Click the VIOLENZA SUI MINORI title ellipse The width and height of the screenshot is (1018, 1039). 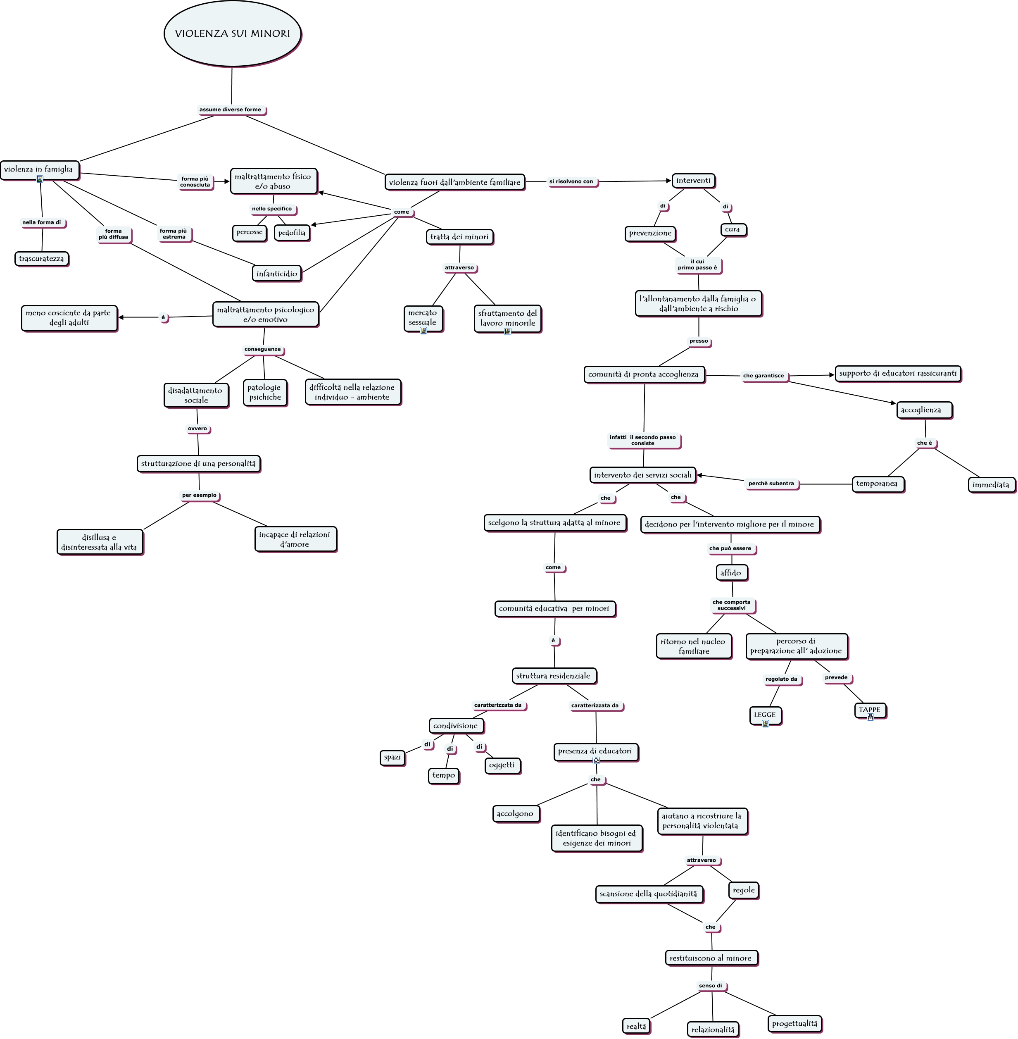(x=232, y=34)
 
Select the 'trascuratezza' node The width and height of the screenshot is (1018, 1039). (x=41, y=259)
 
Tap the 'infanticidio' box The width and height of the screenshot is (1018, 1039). (x=276, y=273)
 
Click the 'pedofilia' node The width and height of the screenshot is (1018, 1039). (x=292, y=233)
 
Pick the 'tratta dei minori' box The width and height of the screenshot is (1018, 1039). (x=459, y=237)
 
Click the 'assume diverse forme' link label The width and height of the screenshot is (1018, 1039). (x=231, y=110)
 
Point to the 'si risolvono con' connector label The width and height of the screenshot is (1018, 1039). (x=571, y=181)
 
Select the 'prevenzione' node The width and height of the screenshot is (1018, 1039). (x=650, y=233)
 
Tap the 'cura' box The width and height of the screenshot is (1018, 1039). (x=732, y=229)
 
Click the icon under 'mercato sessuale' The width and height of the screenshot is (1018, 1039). (x=423, y=331)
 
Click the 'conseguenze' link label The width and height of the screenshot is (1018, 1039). (x=262, y=349)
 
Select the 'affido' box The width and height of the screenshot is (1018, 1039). (x=730, y=573)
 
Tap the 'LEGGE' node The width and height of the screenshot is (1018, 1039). (x=765, y=715)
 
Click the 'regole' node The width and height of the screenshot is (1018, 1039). (x=744, y=890)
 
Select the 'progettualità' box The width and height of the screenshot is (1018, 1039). (x=794, y=1023)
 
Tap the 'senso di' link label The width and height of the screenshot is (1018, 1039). (x=710, y=986)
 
